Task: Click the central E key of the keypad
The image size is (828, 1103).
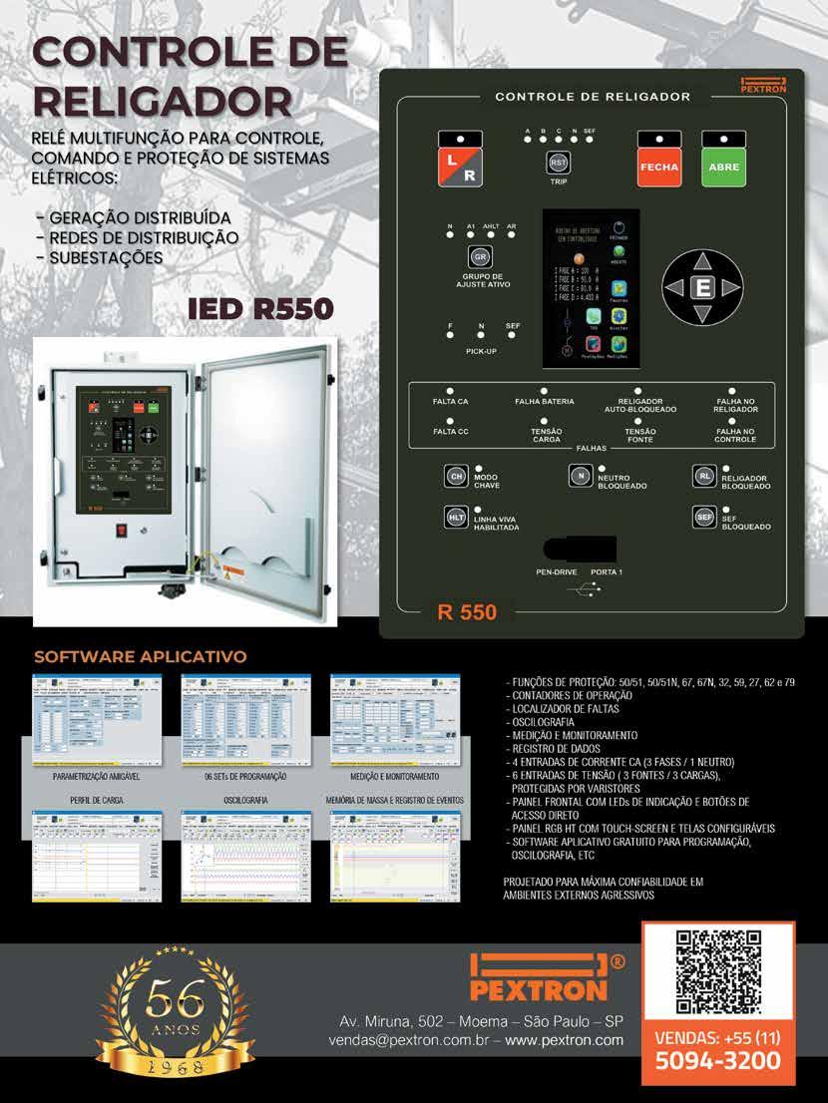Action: [704, 287]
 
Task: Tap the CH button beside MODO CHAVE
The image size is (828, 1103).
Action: [456, 477]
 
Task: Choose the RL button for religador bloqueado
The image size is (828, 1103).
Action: [704, 477]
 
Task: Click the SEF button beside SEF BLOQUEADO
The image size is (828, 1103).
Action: [704, 517]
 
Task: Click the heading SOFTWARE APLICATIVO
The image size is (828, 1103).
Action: [141, 658]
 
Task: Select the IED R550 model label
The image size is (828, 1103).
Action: [259, 308]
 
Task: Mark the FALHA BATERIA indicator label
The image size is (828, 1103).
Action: [544, 401]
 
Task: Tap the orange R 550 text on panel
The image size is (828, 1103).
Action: [467, 612]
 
